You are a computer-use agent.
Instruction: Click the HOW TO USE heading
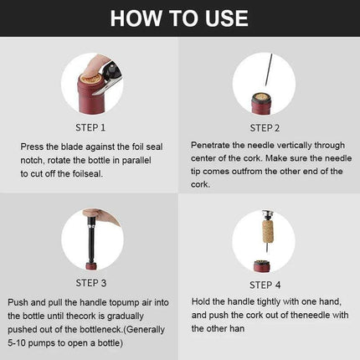180,19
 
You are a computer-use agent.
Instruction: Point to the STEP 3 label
90,282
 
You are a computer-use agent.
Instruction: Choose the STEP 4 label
269,282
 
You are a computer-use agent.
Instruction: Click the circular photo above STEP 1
90,83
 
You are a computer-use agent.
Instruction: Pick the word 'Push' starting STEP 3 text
18,301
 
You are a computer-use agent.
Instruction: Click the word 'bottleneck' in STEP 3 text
112,329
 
